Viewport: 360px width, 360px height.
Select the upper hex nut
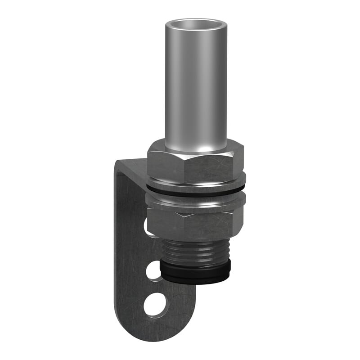[196, 162]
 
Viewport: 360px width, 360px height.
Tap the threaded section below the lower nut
[196, 252]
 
